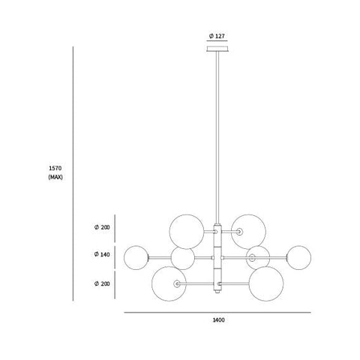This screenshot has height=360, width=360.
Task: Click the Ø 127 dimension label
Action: (x=217, y=36)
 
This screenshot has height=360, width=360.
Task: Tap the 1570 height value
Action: (x=55, y=168)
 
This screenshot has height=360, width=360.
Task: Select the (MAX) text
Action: (x=55, y=177)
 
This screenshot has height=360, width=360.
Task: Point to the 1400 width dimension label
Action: (x=218, y=320)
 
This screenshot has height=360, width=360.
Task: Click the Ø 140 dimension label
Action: (x=102, y=254)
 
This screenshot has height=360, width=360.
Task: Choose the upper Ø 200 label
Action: (x=102, y=227)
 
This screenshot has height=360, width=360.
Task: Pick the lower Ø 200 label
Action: (x=102, y=283)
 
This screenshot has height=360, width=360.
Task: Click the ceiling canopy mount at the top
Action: (x=217, y=49)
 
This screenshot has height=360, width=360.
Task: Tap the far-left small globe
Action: (x=136, y=258)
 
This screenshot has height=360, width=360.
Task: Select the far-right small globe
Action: (x=299, y=258)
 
